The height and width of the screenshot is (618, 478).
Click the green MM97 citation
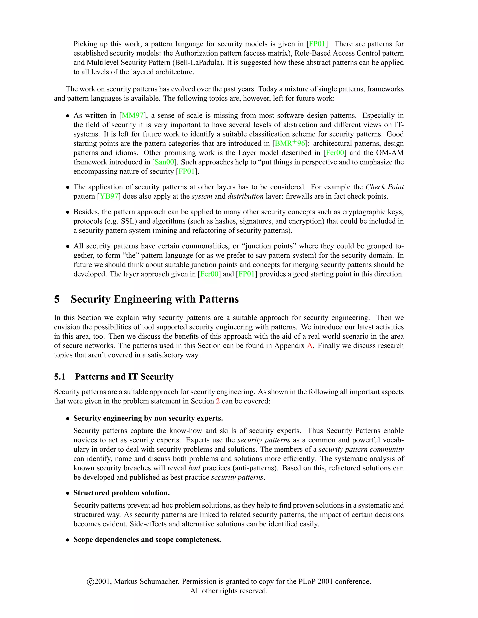(133, 115)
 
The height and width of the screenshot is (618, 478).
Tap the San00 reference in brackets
(164, 162)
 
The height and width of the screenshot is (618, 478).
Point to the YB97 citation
(109, 196)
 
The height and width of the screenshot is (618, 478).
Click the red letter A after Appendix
(309, 346)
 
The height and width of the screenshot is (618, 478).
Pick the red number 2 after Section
(218, 401)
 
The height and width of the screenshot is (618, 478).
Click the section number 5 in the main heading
(57, 299)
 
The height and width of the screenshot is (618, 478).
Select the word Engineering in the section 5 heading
(142, 299)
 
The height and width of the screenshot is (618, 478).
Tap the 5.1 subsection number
(60, 377)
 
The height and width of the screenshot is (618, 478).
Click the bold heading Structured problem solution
(121, 493)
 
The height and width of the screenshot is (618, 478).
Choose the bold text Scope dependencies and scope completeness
(147, 540)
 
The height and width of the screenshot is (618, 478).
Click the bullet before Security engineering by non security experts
(68, 419)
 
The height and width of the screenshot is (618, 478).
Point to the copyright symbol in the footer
(90, 582)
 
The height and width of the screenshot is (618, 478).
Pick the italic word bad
(194, 468)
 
